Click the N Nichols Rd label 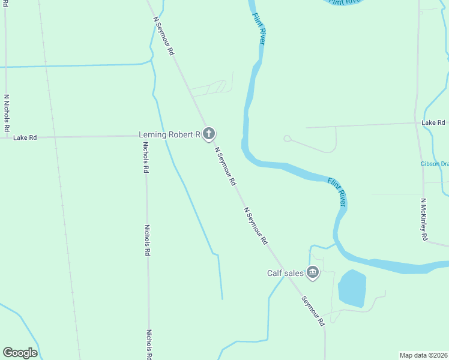[7, 113]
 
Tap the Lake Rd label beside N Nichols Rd [25, 137]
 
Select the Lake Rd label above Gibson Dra [433, 122]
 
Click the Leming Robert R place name [169, 134]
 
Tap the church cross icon [208, 134]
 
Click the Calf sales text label [285, 273]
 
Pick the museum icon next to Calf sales [312, 273]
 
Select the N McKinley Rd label [424, 220]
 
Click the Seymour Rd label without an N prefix [313, 311]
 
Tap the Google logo [20, 353]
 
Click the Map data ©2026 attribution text [423, 355]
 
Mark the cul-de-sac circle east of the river [287, 139]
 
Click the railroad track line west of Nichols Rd [60, 180]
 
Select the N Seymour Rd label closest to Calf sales [256, 226]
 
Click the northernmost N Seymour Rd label [164, 36]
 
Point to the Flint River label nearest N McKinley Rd [337, 191]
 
